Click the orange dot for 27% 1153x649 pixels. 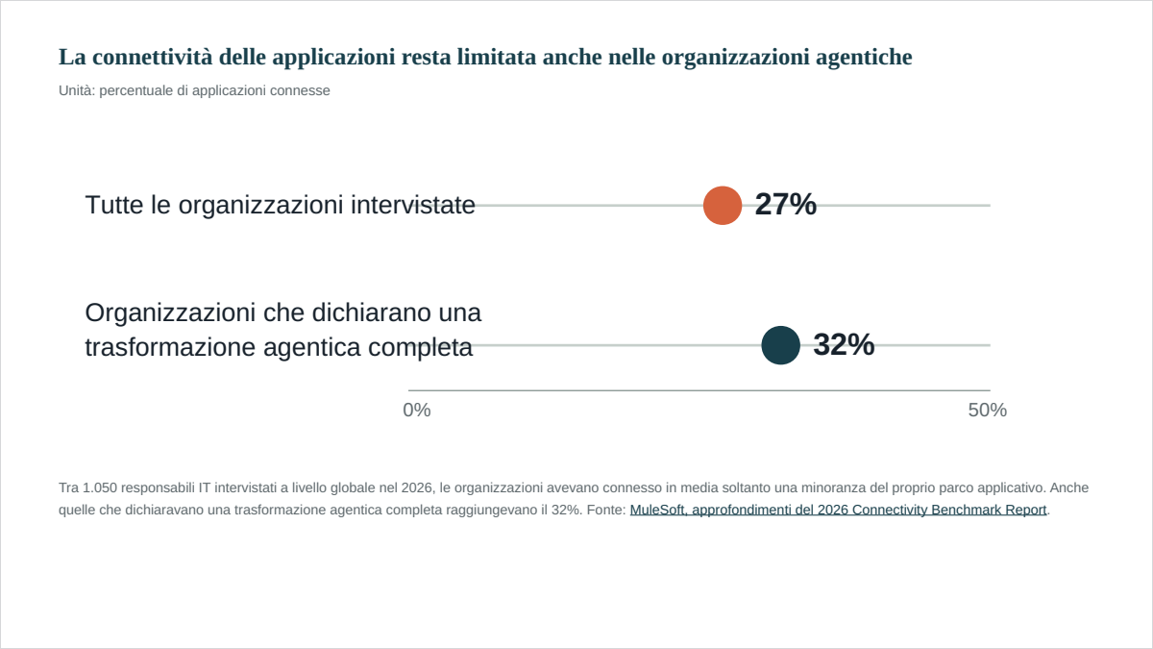coord(723,206)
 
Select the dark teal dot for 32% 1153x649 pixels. coord(781,345)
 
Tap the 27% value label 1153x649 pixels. coord(786,204)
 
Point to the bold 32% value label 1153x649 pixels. coord(844,344)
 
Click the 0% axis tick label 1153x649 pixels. coord(417,410)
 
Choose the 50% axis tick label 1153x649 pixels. coord(988,410)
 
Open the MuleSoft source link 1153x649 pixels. coord(839,510)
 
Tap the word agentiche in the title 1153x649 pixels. coord(864,58)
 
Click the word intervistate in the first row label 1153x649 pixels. coord(413,205)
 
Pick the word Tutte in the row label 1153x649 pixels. coord(114,205)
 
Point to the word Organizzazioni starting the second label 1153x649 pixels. coord(170,313)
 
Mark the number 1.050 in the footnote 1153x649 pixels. coord(100,487)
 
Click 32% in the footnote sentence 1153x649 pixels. coord(566,510)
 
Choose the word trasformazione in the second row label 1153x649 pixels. coord(171,348)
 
